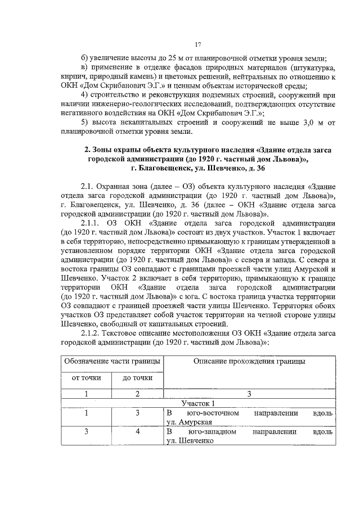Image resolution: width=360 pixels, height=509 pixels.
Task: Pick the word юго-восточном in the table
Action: coord(210,413)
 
